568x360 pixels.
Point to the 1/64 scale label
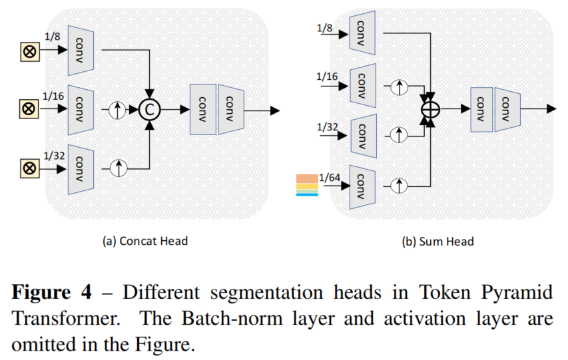(x=329, y=176)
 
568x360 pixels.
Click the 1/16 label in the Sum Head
(x=327, y=77)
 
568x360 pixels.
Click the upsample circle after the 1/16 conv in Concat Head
(x=119, y=109)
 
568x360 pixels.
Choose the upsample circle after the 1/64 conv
(x=400, y=185)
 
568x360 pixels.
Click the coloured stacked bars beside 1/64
(x=308, y=184)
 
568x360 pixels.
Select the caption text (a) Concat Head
(x=144, y=241)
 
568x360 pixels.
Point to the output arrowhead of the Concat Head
(x=274, y=109)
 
